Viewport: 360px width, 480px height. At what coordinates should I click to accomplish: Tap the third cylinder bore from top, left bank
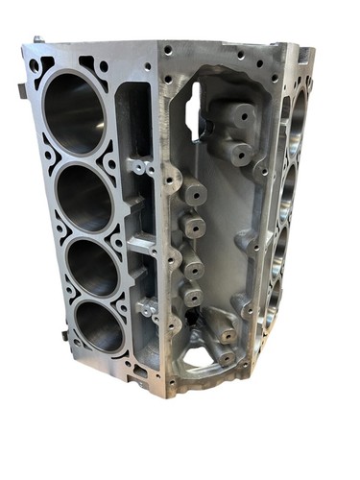tap(93, 266)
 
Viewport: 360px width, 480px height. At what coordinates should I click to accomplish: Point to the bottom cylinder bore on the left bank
tap(99, 327)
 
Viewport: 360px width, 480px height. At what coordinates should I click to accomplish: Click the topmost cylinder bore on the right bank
tap(298, 120)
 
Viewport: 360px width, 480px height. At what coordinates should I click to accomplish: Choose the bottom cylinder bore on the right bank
tap(276, 307)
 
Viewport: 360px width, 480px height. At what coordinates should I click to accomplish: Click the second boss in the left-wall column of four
tap(194, 228)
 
